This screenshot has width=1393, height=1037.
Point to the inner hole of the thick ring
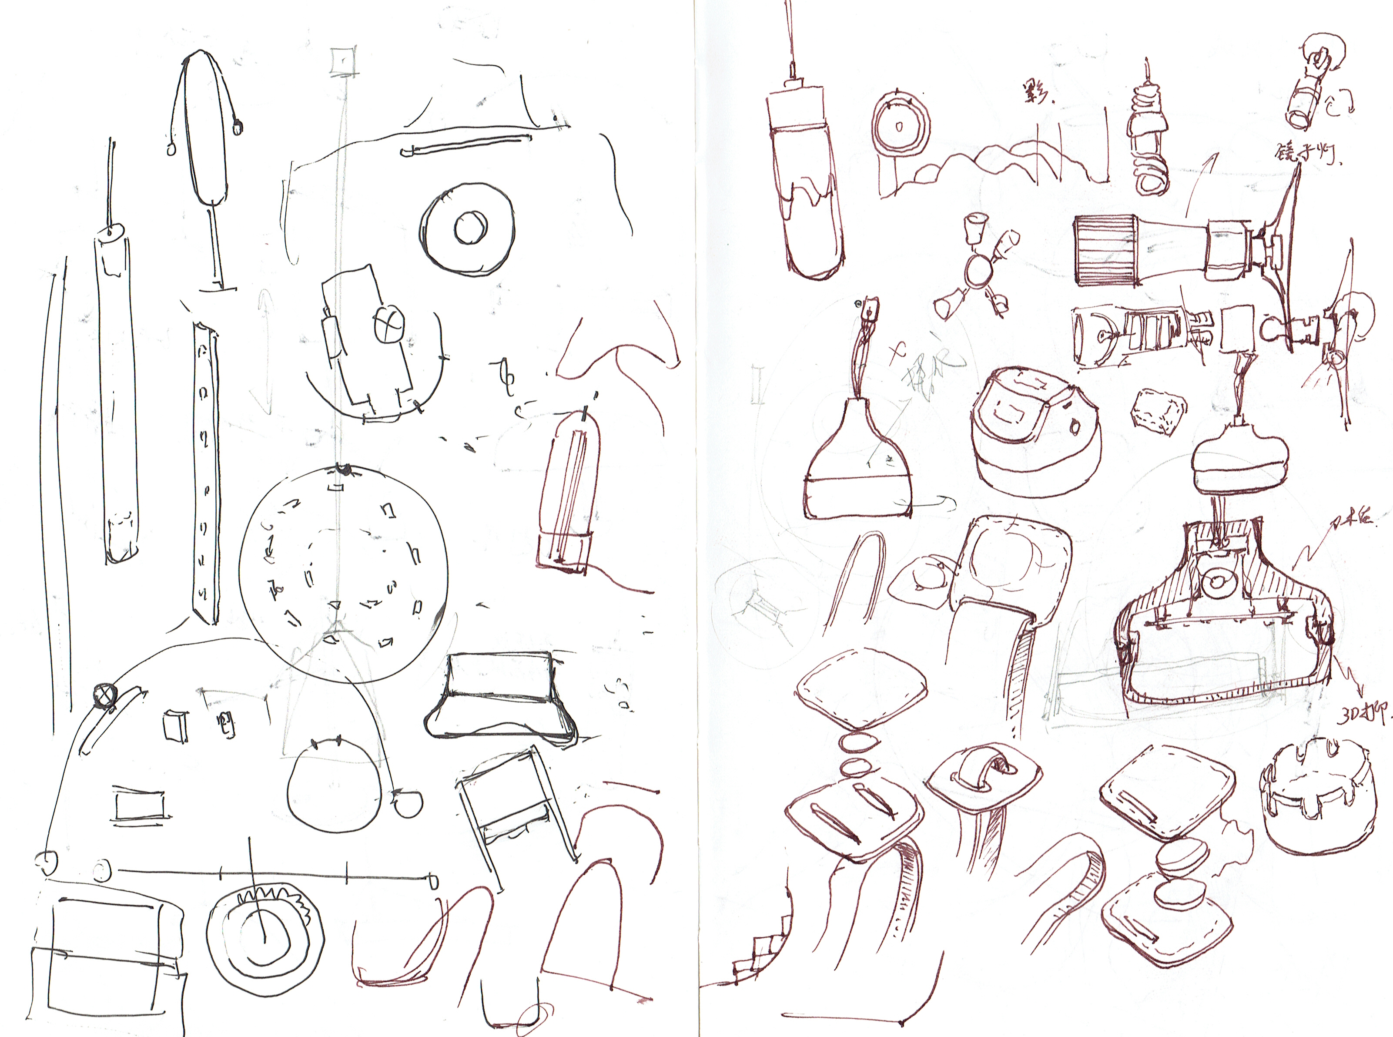click(x=468, y=228)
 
